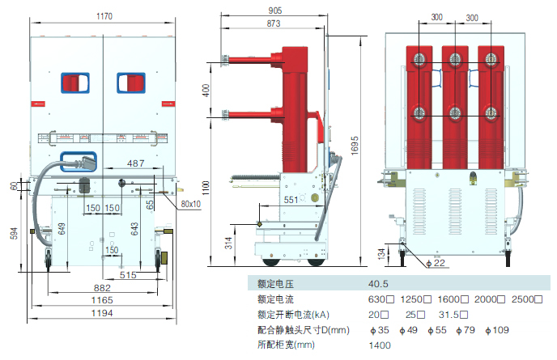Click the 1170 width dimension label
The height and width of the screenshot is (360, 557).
tap(104, 16)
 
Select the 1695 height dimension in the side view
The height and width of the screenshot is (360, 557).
tap(355, 146)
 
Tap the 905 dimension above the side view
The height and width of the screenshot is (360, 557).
tap(275, 11)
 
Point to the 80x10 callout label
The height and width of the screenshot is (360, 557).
tap(191, 204)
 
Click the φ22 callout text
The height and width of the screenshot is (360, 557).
tap(436, 263)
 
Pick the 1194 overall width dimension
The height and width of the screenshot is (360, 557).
tap(102, 313)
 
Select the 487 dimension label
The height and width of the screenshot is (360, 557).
tap(136, 163)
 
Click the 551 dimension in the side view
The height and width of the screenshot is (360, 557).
tap(291, 200)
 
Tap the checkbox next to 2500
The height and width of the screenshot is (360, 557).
tap(538, 299)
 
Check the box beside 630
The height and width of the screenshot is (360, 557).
tap(390, 299)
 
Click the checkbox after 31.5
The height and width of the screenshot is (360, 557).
tap(464, 315)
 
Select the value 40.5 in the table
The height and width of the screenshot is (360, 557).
tap(378, 284)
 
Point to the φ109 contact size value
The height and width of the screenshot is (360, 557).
tap(497, 330)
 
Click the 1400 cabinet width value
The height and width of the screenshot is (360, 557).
tap(380, 345)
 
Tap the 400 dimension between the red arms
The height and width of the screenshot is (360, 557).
tap(206, 90)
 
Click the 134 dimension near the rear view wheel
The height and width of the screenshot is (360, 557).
tap(382, 254)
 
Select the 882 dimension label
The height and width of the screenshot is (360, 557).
tap(102, 287)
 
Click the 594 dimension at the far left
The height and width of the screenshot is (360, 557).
tap(14, 233)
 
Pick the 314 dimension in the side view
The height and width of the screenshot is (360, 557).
tap(229, 244)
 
